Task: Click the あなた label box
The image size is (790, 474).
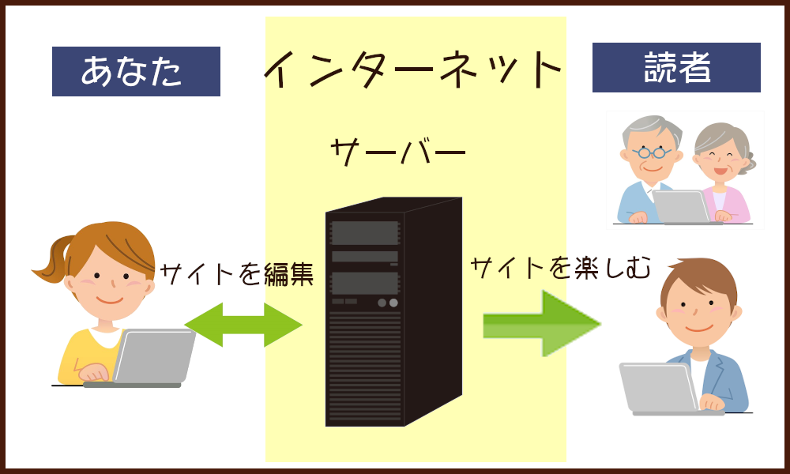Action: [136, 71]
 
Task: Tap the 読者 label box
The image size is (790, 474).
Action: [676, 67]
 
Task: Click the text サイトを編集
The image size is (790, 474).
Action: [237, 274]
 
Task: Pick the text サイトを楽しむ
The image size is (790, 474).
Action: [560, 269]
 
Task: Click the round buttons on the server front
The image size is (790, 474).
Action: [387, 303]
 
